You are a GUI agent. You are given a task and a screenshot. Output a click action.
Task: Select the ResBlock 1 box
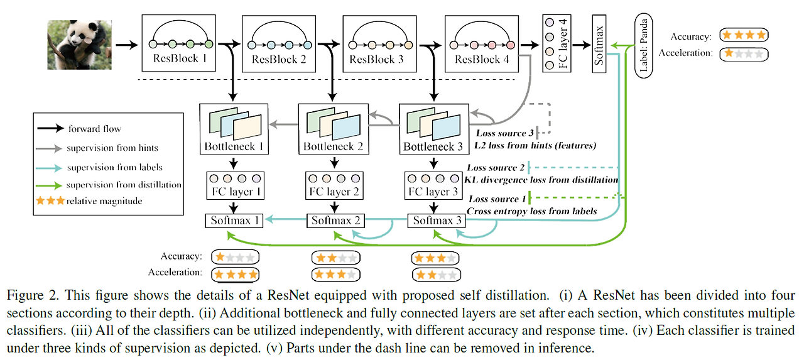pos(178,43)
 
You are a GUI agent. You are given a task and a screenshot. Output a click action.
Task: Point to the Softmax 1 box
pos(234,221)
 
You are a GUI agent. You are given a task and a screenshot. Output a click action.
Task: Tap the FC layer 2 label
pos(332,192)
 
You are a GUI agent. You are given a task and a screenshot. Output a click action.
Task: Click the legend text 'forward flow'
pos(94,129)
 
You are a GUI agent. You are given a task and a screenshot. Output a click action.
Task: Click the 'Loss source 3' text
pos(504,133)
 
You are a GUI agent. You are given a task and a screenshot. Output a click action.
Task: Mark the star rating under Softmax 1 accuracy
pos(236,257)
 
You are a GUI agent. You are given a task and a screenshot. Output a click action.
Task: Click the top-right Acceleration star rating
pos(744,53)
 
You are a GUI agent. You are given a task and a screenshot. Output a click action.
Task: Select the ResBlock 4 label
pos(482,60)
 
